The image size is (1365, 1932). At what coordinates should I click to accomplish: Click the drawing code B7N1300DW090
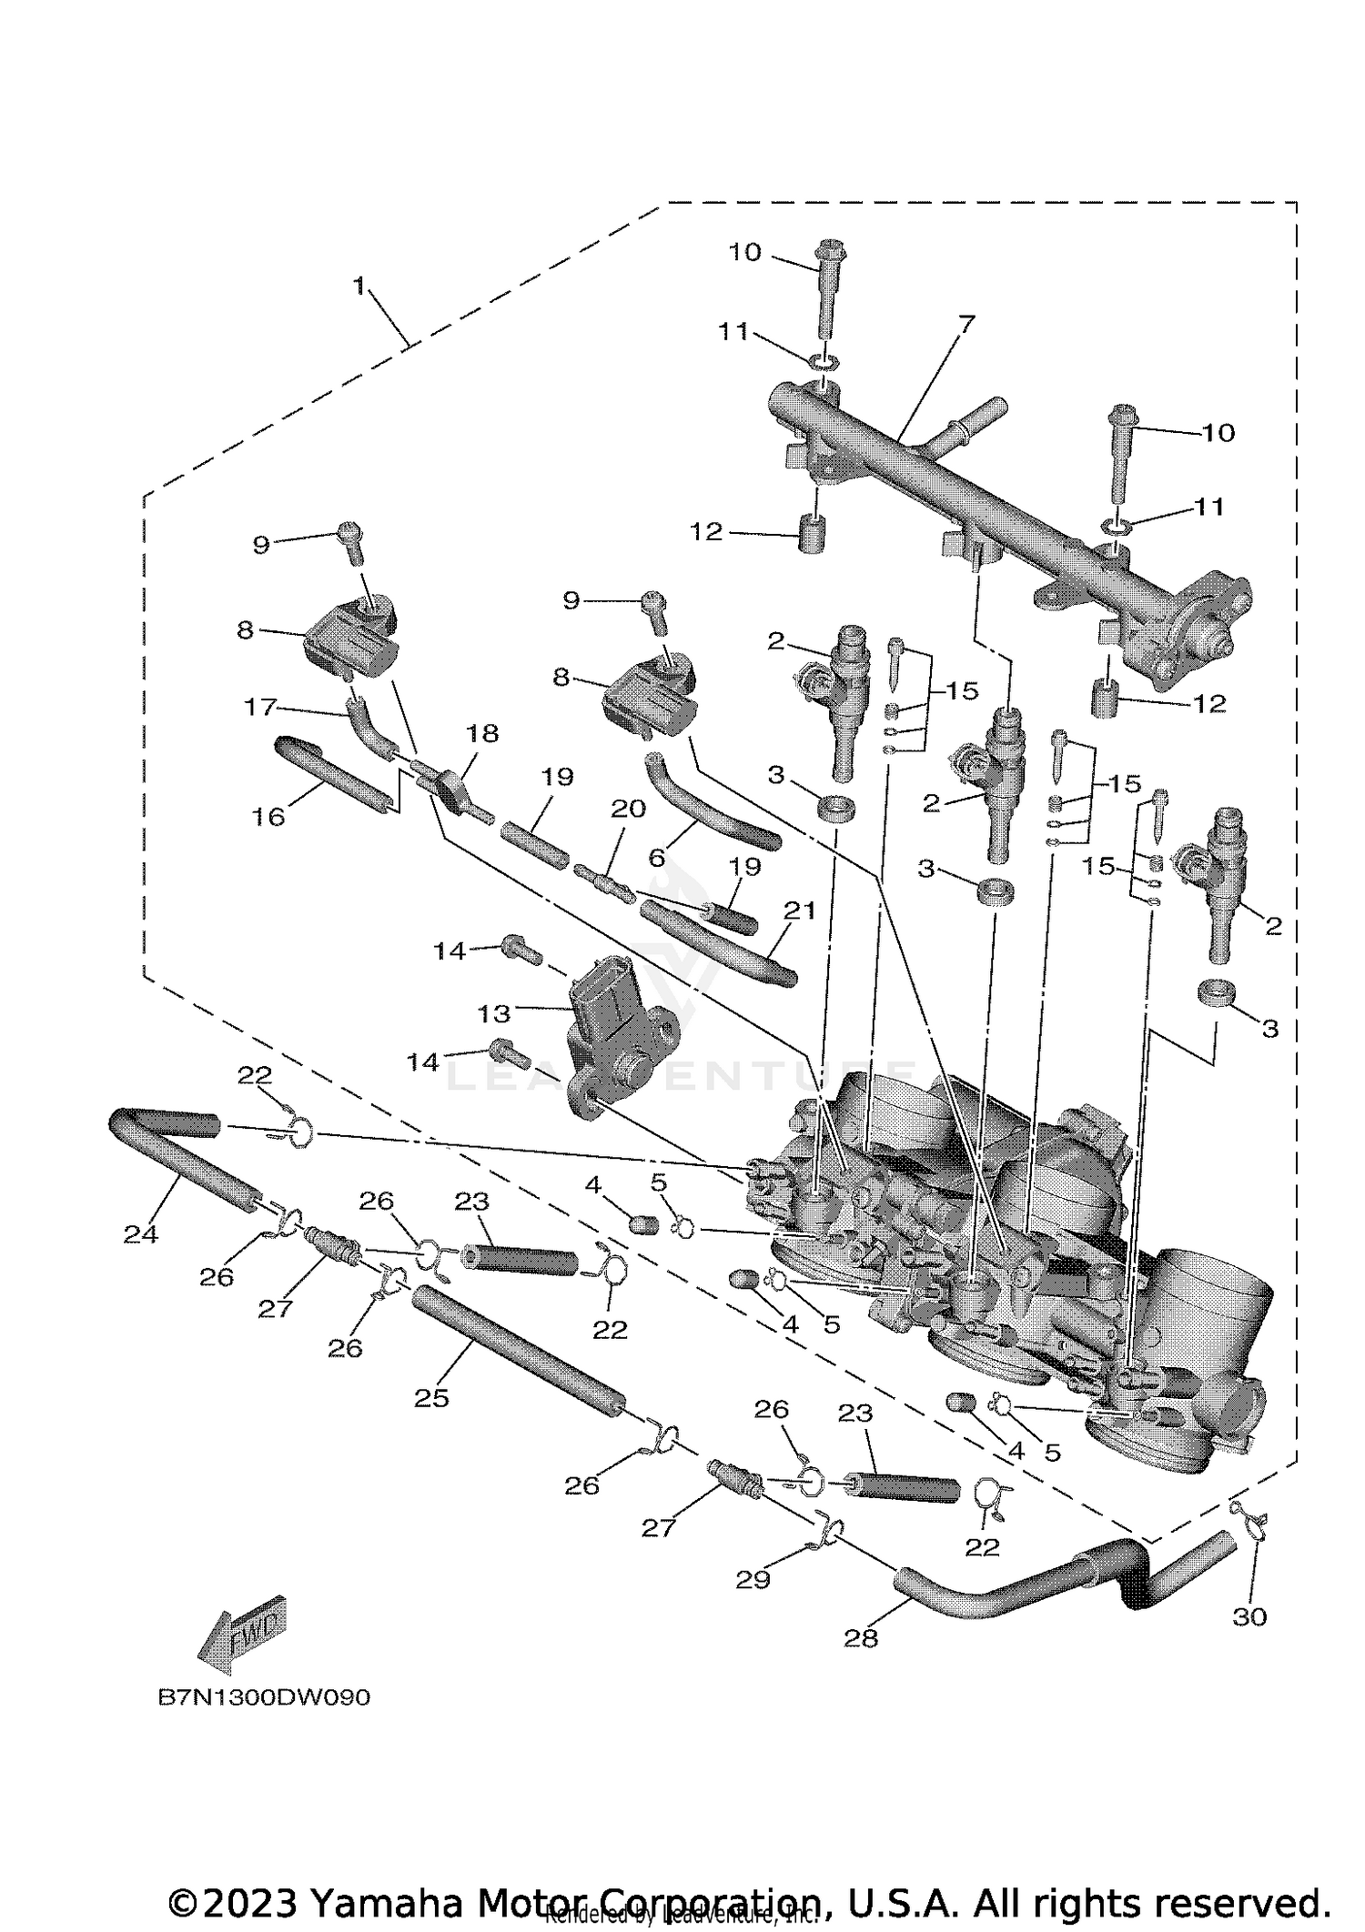tap(264, 1697)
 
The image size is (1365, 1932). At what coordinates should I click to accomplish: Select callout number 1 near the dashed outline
tap(359, 287)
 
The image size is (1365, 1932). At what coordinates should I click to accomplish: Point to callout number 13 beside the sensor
tap(495, 1011)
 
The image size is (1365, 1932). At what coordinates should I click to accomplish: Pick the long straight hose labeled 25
tap(514, 1358)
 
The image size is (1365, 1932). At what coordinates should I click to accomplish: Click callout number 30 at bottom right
tap(1249, 1616)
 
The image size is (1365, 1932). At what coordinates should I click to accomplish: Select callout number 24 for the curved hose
tap(141, 1233)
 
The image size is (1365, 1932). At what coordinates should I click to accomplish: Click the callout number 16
tap(268, 816)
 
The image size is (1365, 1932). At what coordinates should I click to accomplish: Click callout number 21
tap(801, 910)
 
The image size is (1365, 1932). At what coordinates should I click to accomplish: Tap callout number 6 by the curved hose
tap(657, 857)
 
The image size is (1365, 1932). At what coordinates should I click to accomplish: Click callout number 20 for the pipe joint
tap(628, 808)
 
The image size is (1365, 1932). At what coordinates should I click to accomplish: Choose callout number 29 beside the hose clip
tap(753, 1579)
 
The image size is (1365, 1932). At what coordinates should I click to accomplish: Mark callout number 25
tap(431, 1397)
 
